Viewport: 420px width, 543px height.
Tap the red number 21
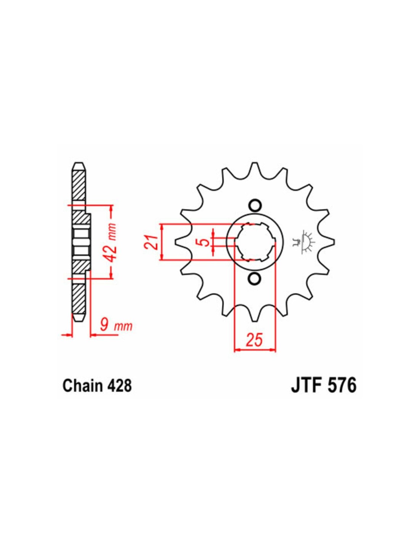pyautogui.click(x=151, y=242)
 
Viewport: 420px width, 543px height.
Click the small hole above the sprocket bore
pyautogui.click(x=255, y=206)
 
